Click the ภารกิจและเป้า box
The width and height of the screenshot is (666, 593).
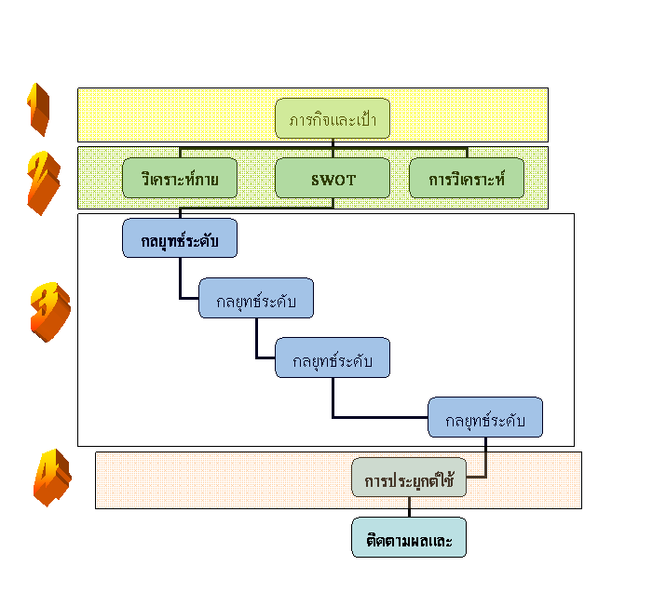[333, 120]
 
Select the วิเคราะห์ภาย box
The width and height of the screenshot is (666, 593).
[180, 178]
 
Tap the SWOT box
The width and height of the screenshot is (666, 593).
[333, 178]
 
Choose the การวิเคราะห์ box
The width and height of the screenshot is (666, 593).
[467, 178]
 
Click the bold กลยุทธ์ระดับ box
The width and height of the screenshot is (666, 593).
[180, 238]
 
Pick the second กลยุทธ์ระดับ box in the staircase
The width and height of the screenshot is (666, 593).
[256, 299]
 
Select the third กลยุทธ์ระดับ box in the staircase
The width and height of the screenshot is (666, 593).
[333, 358]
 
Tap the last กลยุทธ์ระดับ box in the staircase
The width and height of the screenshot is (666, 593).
[485, 418]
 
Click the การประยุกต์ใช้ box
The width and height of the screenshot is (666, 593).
[409, 478]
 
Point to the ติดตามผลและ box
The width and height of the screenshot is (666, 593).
[409, 538]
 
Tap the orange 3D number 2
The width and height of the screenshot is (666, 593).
[43, 181]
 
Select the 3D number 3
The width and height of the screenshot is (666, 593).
[48, 311]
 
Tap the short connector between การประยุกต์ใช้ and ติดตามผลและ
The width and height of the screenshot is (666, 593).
[409, 508]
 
